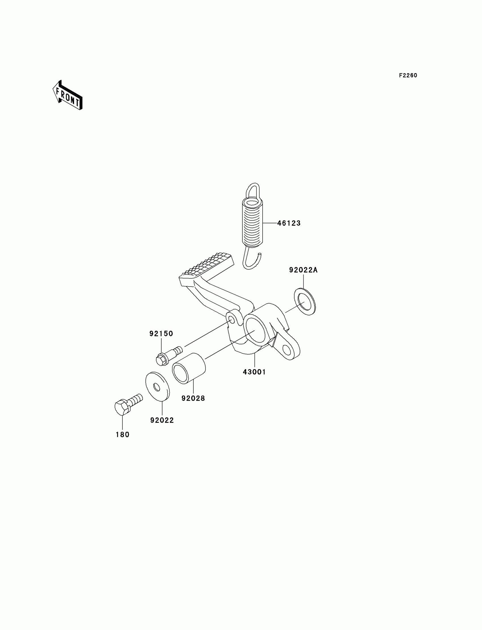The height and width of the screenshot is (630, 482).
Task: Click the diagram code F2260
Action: click(408, 75)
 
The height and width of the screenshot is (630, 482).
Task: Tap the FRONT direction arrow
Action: click(68, 96)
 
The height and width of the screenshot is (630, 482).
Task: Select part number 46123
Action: click(289, 223)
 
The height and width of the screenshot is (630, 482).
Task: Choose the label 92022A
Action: click(303, 270)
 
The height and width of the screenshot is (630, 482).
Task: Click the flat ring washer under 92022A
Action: click(305, 302)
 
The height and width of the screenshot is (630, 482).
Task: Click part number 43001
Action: click(254, 372)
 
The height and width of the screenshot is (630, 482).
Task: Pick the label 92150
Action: click(161, 334)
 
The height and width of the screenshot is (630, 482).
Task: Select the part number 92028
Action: click(193, 398)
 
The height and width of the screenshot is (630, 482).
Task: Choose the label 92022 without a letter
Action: click(162, 420)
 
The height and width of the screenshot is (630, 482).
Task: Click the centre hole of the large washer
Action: click(157, 387)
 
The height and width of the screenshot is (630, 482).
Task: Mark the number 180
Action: click(122, 435)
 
